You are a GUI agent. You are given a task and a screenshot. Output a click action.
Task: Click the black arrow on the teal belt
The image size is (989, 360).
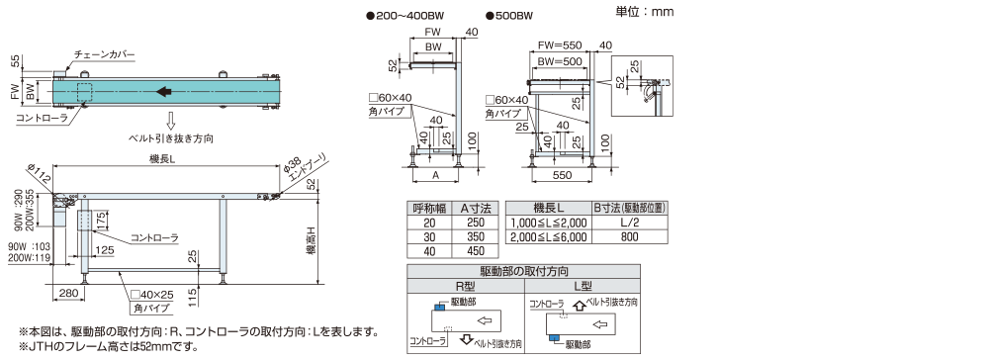[x=163, y=92]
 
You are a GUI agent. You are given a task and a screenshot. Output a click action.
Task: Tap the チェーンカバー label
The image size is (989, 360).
[x=104, y=54]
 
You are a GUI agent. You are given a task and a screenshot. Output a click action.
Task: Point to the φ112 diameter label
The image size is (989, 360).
[x=40, y=175]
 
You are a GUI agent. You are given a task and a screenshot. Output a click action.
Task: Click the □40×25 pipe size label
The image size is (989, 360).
[x=152, y=295]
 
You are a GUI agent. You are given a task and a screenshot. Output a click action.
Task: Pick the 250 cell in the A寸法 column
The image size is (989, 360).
[x=476, y=223]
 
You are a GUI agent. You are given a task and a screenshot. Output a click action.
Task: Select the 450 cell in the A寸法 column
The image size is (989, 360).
[x=476, y=251]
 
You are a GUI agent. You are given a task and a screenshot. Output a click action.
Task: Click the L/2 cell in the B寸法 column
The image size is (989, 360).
[x=629, y=223]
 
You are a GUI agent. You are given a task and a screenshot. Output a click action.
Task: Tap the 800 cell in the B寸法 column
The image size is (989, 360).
[x=629, y=237]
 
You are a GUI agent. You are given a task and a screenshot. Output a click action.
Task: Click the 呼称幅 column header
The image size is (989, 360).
[x=429, y=208]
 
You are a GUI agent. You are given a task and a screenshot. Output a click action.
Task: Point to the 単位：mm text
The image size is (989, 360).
[x=644, y=11]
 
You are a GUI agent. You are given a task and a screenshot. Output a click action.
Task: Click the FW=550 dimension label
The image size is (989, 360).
[x=560, y=45]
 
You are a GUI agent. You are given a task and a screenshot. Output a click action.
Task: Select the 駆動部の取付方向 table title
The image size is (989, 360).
[x=523, y=271]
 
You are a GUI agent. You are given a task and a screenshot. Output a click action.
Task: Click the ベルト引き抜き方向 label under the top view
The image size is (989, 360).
[x=171, y=138]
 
